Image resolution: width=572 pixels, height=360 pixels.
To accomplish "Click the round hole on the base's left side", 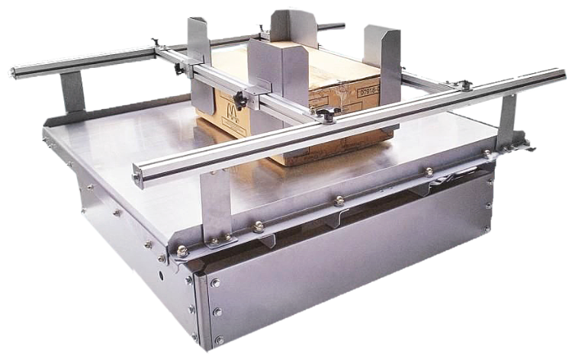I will [162, 271].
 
